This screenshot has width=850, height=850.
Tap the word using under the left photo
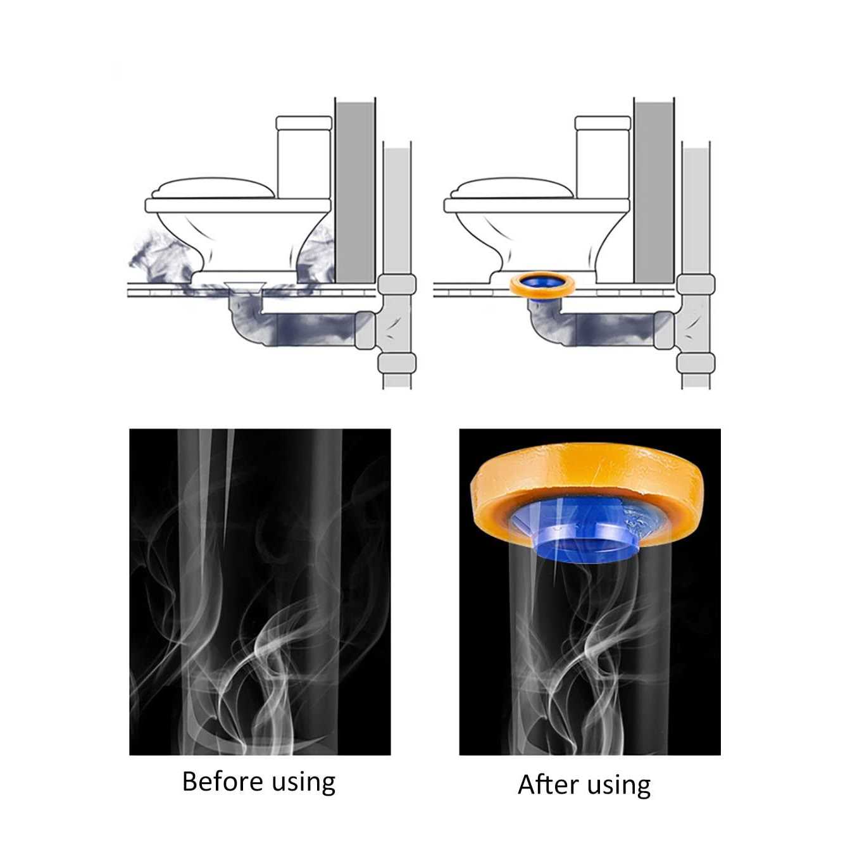tap(303, 784)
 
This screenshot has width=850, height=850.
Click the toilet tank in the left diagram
tap(303, 156)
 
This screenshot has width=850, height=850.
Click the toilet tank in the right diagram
tap(603, 156)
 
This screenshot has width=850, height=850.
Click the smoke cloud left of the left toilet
tap(161, 260)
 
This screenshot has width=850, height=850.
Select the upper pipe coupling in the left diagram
tap(397, 285)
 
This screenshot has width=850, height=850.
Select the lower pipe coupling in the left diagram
tap(397, 363)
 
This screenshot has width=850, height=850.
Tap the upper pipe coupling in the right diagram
tap(696, 285)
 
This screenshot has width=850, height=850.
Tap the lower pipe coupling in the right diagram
tap(696, 363)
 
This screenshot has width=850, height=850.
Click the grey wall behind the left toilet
tap(356, 192)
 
